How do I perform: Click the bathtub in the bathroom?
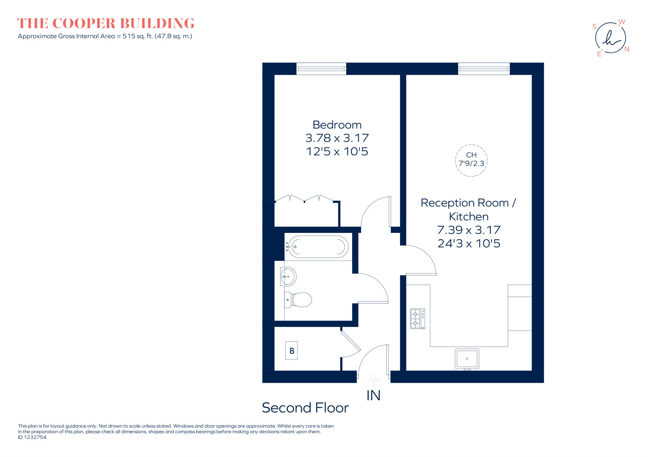tap(318, 247)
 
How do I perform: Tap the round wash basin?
tap(288, 276)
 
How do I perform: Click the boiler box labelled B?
tap(291, 351)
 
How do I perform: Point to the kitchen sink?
tap(467, 359)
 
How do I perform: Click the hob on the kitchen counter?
tap(417, 319)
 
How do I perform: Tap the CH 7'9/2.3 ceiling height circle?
tap(471, 160)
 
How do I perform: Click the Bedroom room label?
tap(337, 125)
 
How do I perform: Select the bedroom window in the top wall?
tap(321, 68)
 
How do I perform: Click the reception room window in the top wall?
tap(484, 68)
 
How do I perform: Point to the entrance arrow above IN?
tap(373, 380)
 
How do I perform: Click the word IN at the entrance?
tap(373, 396)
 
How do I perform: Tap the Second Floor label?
tap(305, 408)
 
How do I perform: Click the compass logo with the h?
tap(610, 38)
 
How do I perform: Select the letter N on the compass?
tap(626, 49)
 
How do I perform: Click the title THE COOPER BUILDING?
tap(106, 23)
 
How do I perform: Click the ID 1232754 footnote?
tap(32, 437)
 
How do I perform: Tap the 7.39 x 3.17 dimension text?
tap(469, 230)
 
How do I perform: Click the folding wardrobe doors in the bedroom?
tap(304, 199)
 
